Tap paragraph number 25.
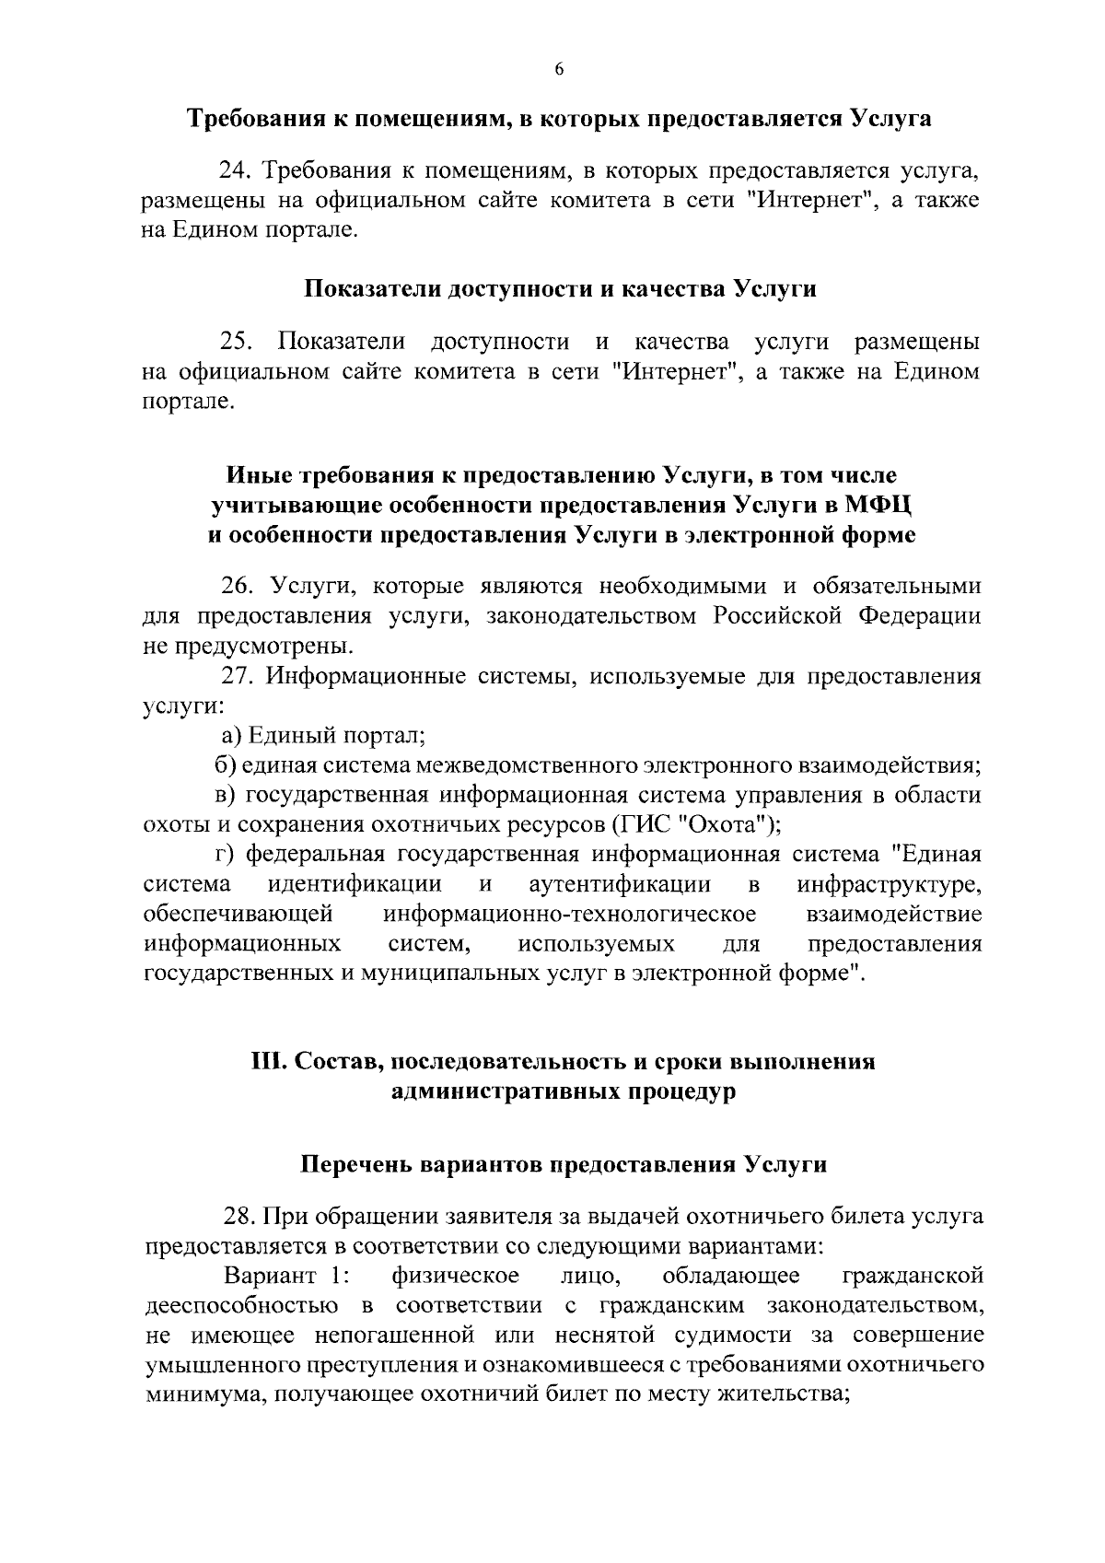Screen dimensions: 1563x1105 pos(235,343)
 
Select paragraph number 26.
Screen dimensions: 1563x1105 pos(235,587)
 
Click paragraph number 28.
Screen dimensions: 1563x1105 pos(239,1218)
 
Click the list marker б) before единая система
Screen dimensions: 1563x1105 pos(225,765)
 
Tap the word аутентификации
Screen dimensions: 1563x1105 pos(621,885)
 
